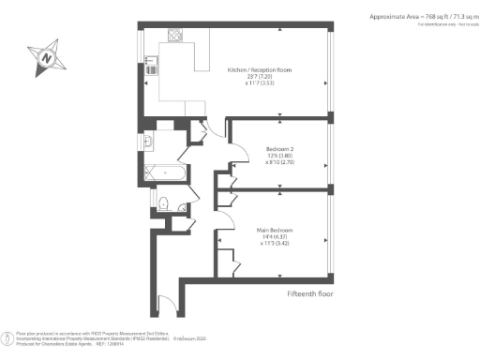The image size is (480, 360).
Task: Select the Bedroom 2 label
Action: pyautogui.click(x=281, y=150)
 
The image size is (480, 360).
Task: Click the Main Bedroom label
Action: pyautogui.click(x=279, y=228)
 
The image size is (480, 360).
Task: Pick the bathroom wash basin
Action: pyautogui.click(x=150, y=142)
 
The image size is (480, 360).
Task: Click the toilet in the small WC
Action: pyautogui.click(x=163, y=204)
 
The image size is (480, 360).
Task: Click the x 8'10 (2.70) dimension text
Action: pyautogui.click(x=281, y=162)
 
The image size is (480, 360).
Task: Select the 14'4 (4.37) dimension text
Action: pyautogui.click(x=279, y=236)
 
